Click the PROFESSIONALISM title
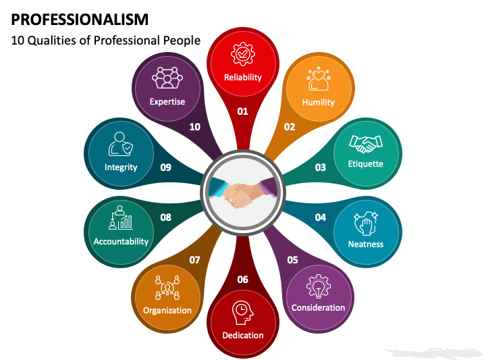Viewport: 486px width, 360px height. point(80,20)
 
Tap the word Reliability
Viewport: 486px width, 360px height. point(243,77)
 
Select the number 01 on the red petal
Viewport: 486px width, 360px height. point(243,111)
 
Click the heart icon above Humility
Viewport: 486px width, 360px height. point(319,78)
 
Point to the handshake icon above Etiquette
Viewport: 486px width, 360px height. point(366,144)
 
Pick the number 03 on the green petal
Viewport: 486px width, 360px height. point(320,168)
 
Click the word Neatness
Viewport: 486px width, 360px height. point(366,245)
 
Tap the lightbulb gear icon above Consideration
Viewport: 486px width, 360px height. point(319,286)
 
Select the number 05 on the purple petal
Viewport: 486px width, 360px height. point(292,260)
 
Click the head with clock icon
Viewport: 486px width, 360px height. point(243,313)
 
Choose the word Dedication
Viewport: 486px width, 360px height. point(243,335)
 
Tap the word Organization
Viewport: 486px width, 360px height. point(167,311)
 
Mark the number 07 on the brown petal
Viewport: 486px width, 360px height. point(194,260)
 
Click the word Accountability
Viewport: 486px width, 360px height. point(121,242)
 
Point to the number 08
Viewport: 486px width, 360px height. point(166,217)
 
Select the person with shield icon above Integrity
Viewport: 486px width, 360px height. point(121,144)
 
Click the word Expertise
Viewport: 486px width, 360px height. point(167,102)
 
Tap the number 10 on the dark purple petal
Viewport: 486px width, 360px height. point(194,127)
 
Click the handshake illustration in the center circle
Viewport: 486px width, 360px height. point(243,193)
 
